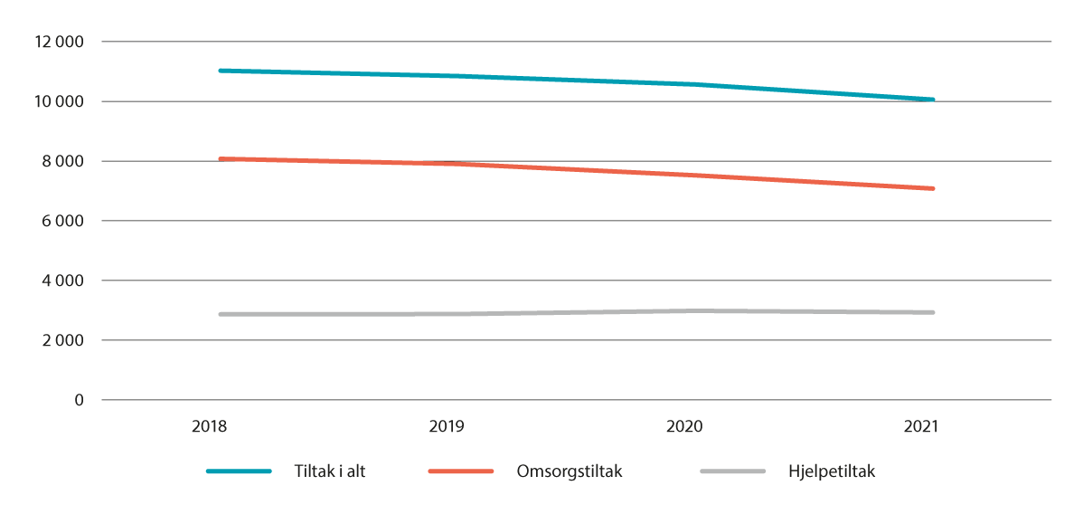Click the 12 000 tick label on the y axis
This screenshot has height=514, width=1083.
pos(59,42)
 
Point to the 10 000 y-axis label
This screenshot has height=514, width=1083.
pos(59,101)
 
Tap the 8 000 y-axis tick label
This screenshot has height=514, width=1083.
pos(64,161)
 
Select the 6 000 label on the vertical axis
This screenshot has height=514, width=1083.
pos(64,221)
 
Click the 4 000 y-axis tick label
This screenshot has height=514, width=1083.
pos(64,281)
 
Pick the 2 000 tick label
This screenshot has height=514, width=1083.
pos(64,340)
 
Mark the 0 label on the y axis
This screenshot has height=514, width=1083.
pos(79,400)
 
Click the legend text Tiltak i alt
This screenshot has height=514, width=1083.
pos(331,471)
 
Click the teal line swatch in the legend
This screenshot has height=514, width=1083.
pos(239,471)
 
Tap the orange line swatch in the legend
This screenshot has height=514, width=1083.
pos(460,471)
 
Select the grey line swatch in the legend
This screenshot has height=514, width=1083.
pos(732,471)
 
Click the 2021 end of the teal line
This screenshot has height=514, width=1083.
pos(932,100)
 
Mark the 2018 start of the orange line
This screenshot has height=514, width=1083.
pos(221,159)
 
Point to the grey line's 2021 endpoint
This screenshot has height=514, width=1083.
pos(932,312)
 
